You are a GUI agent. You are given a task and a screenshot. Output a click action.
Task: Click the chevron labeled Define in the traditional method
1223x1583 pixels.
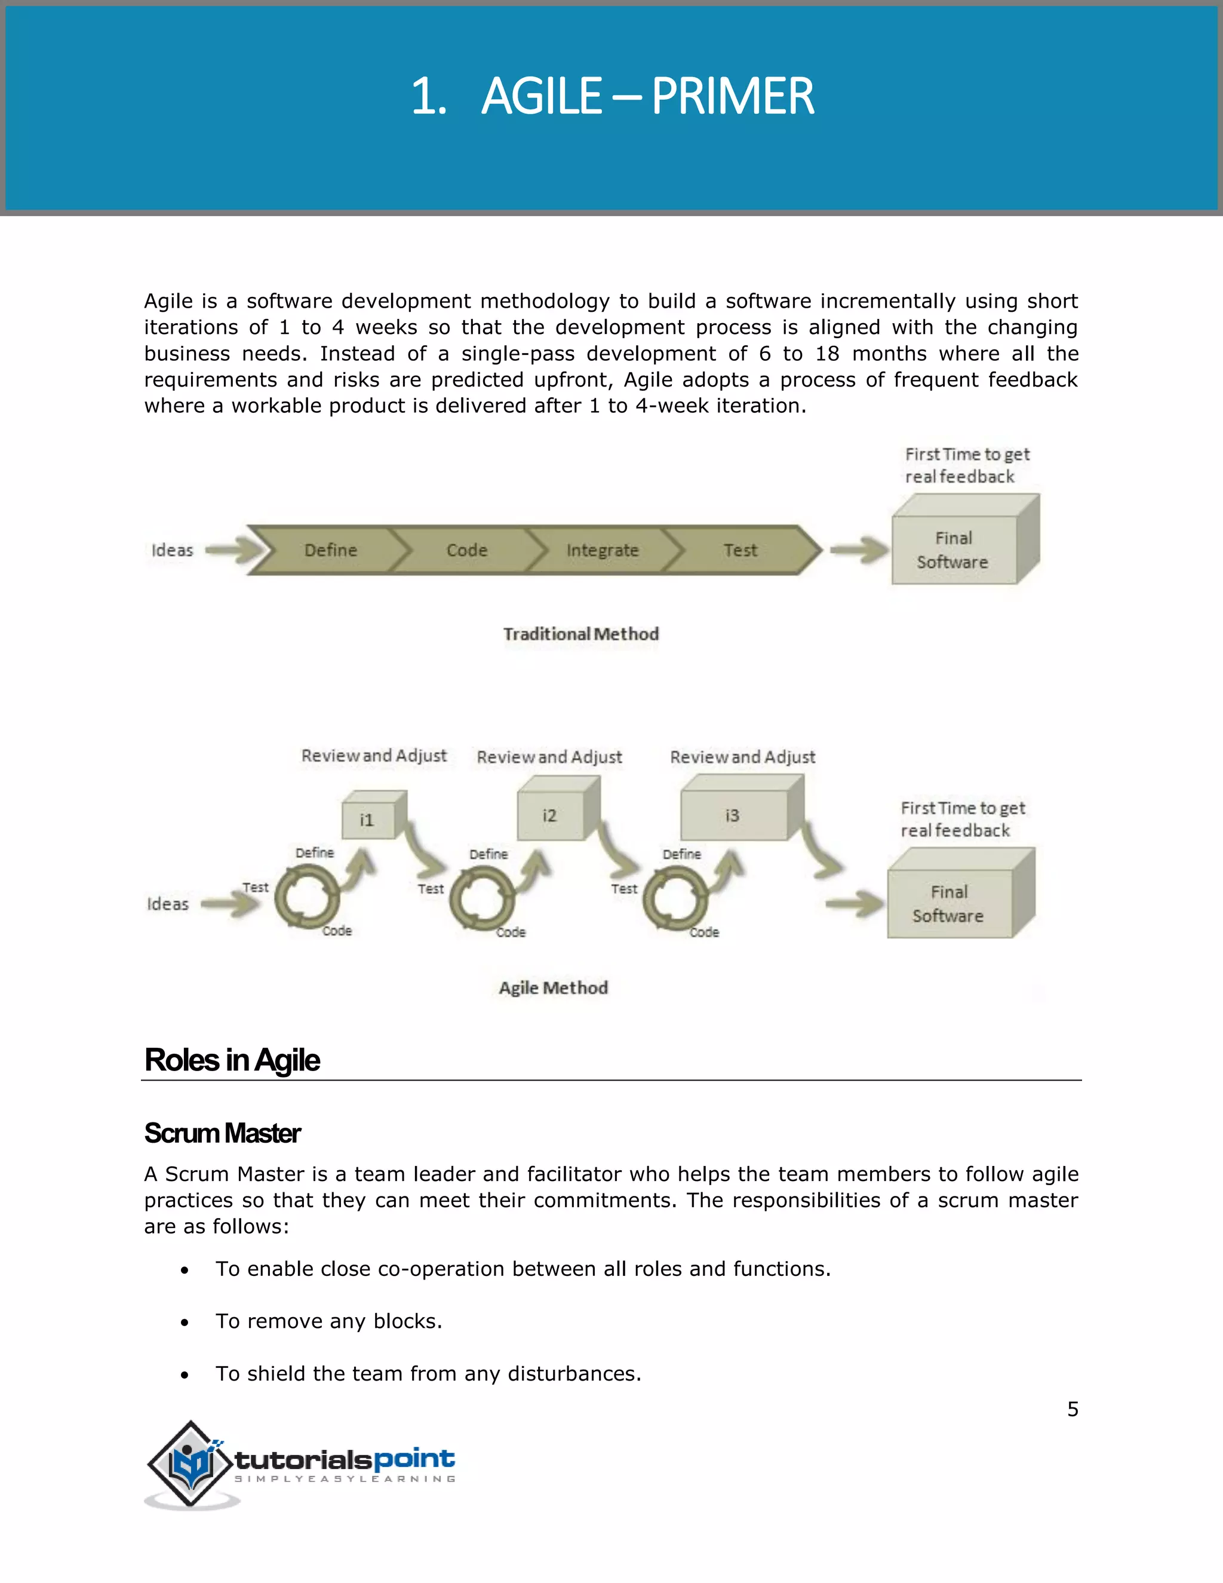[x=330, y=550]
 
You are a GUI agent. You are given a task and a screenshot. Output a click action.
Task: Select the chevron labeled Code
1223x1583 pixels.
[x=466, y=550]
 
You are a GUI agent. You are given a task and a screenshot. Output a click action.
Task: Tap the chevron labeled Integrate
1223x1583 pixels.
[x=602, y=550]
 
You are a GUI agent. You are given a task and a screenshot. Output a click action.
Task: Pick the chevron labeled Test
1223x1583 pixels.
[x=740, y=550]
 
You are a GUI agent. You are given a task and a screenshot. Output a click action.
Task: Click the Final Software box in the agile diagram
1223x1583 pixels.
[x=949, y=903]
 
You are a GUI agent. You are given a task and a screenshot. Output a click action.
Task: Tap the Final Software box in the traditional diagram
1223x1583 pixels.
[x=954, y=550]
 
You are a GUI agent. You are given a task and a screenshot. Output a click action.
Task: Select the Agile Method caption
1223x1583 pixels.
[x=554, y=988]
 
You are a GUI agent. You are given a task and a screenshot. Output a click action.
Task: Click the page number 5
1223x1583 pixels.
[x=1073, y=1409]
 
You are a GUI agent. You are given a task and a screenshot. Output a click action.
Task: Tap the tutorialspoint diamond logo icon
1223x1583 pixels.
[x=190, y=1464]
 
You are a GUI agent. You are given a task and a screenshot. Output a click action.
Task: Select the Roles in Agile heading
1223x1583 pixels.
[x=232, y=1060]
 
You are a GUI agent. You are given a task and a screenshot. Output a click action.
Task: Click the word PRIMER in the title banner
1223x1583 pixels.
[x=733, y=96]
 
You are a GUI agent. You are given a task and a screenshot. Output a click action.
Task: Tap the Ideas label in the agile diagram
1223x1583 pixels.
[x=167, y=904]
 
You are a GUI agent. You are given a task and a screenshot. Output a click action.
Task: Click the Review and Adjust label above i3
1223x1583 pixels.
[x=743, y=757]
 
